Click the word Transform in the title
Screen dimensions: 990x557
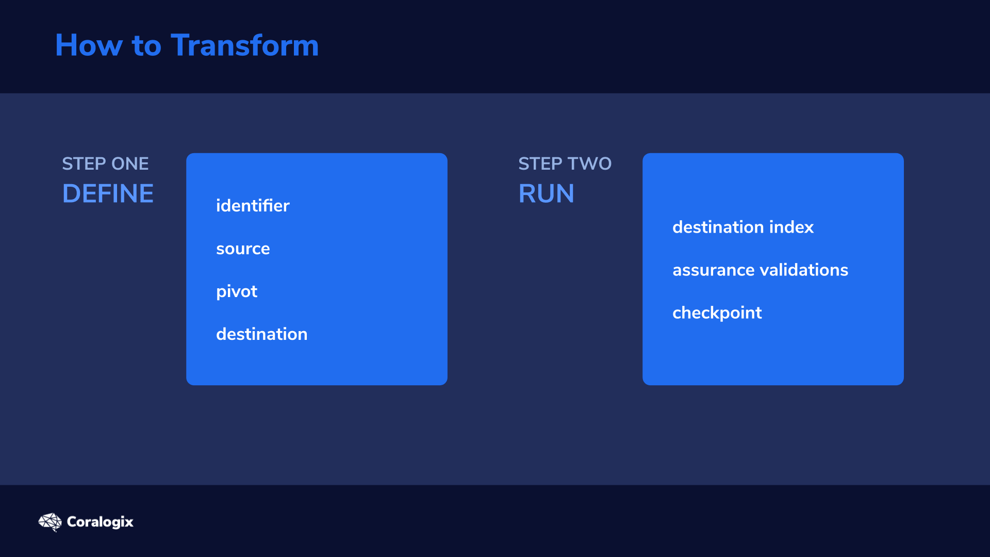(245, 45)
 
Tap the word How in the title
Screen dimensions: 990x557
(89, 45)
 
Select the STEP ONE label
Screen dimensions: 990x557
(105, 163)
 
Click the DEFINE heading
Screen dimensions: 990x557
(108, 193)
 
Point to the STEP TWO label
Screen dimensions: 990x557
(565, 163)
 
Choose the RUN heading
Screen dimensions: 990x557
(546, 193)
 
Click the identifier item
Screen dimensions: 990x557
(253, 205)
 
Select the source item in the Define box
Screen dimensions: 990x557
(243, 249)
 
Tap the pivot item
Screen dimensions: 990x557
(237, 292)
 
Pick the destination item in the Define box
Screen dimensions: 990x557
(261, 334)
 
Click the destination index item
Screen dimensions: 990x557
(743, 227)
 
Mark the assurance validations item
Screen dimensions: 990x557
(760, 270)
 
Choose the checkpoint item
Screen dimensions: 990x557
(717, 313)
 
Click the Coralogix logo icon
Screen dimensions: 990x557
(50, 522)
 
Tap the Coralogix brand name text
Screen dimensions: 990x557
(100, 522)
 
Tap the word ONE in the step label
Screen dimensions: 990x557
(130, 163)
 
